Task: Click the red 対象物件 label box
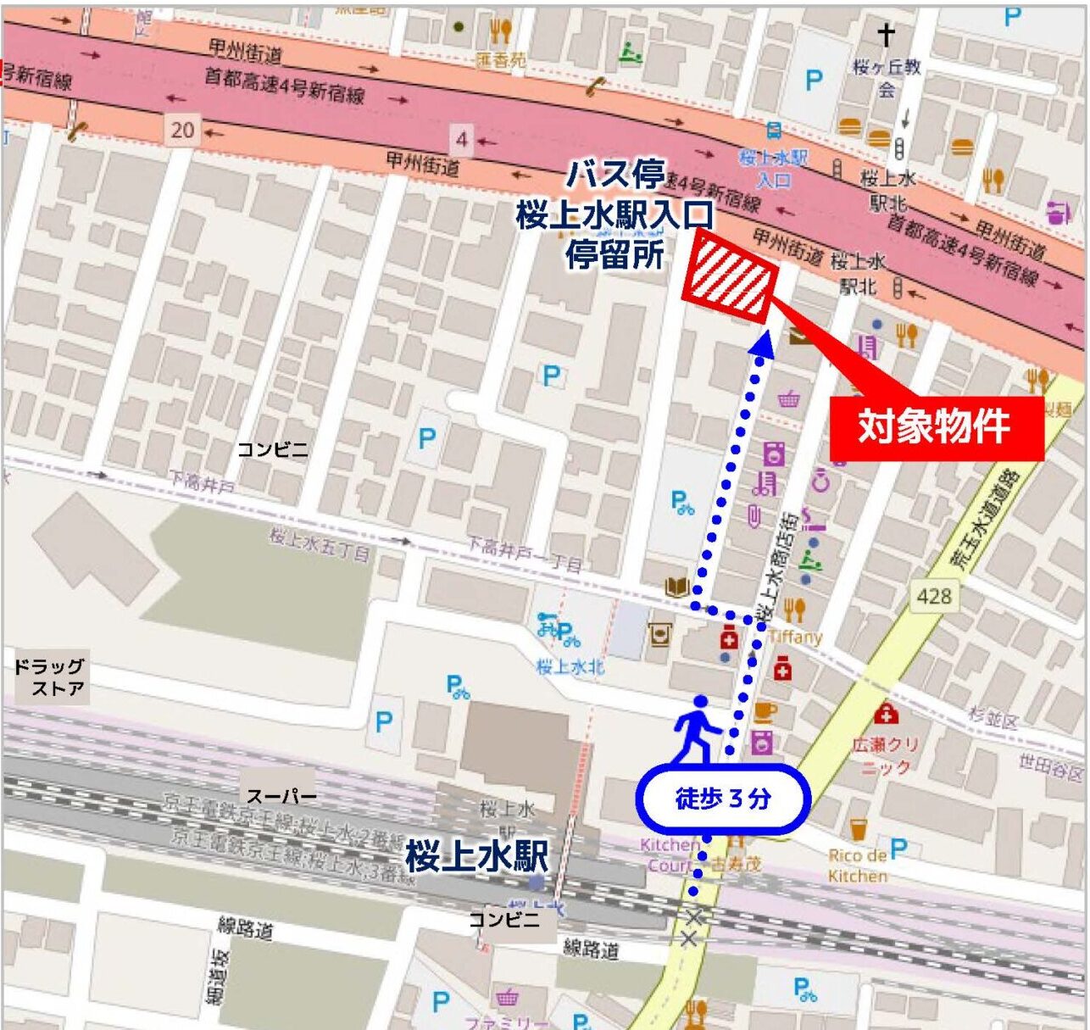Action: click(x=935, y=427)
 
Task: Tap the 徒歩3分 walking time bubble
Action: click(x=722, y=798)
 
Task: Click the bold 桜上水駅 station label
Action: click(x=476, y=856)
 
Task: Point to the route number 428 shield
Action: click(x=933, y=596)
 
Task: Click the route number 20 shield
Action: click(x=182, y=130)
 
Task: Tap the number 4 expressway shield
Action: click(x=461, y=138)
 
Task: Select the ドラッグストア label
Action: click(x=49, y=677)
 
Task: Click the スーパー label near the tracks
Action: click(x=281, y=796)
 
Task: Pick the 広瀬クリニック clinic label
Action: click(x=887, y=755)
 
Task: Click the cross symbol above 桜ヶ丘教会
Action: click(x=886, y=35)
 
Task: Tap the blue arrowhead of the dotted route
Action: click(x=762, y=343)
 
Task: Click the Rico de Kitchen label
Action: click(x=857, y=866)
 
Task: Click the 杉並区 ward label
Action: click(x=993, y=720)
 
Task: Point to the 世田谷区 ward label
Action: click(x=1050, y=767)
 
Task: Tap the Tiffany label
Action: click(x=796, y=636)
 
